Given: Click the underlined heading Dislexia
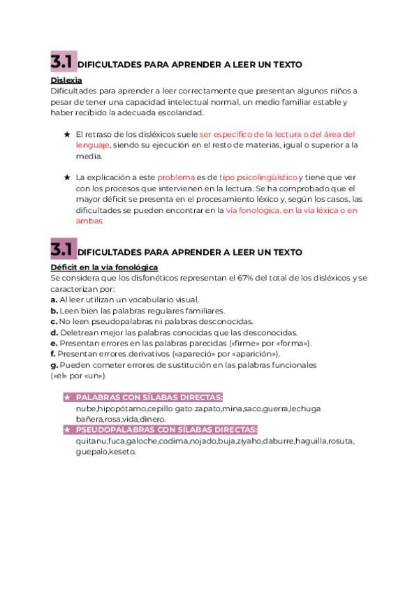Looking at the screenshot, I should [66, 80].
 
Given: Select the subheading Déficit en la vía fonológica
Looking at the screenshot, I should [105, 267].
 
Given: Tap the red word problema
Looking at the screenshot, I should [176, 177].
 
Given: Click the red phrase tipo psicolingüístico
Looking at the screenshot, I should [258, 177].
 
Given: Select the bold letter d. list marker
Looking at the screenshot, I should [54, 332].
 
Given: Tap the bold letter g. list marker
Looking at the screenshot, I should [54, 365].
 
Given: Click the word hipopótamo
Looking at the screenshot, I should [127, 408].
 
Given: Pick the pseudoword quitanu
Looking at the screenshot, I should [91, 441].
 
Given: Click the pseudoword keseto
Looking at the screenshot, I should [122, 452].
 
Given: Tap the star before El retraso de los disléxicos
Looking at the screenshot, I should [66, 134].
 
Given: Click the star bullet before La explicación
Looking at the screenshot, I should [66, 177].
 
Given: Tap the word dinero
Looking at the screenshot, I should [153, 419].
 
